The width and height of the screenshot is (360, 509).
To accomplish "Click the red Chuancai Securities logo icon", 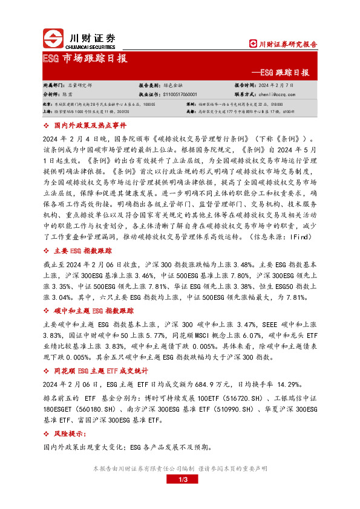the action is tap(53, 39).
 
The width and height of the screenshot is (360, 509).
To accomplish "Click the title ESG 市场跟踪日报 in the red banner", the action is tap(85, 59).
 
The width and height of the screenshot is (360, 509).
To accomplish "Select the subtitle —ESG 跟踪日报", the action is tap(284, 73).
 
